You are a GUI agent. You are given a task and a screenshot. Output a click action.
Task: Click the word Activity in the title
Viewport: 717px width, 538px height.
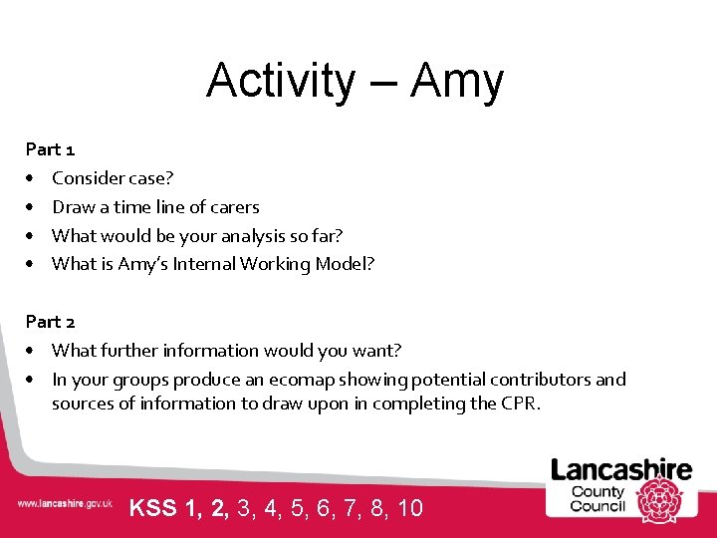click(x=280, y=82)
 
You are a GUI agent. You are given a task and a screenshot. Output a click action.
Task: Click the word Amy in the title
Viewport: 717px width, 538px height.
click(x=457, y=82)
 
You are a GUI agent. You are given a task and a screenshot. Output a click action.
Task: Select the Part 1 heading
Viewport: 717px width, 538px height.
click(x=50, y=149)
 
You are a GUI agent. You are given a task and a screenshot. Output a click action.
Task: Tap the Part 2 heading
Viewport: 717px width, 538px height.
click(x=50, y=322)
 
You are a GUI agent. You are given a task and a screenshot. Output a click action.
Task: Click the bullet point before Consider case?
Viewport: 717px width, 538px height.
click(x=32, y=179)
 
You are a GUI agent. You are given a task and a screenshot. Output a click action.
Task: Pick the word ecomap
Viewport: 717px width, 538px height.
click(x=323, y=380)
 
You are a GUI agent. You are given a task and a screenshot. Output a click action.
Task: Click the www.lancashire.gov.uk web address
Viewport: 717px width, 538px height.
click(x=65, y=505)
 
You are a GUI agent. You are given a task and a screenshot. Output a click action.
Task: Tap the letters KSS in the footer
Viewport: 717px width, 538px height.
click(x=153, y=508)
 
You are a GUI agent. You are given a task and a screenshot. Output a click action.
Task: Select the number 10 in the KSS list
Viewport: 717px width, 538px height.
click(x=409, y=508)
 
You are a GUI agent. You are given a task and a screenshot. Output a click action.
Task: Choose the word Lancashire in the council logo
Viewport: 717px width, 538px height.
click(x=621, y=469)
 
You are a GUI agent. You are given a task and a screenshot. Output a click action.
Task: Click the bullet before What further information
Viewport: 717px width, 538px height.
click(x=32, y=351)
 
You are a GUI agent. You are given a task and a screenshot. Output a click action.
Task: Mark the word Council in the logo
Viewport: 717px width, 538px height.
click(x=597, y=505)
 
